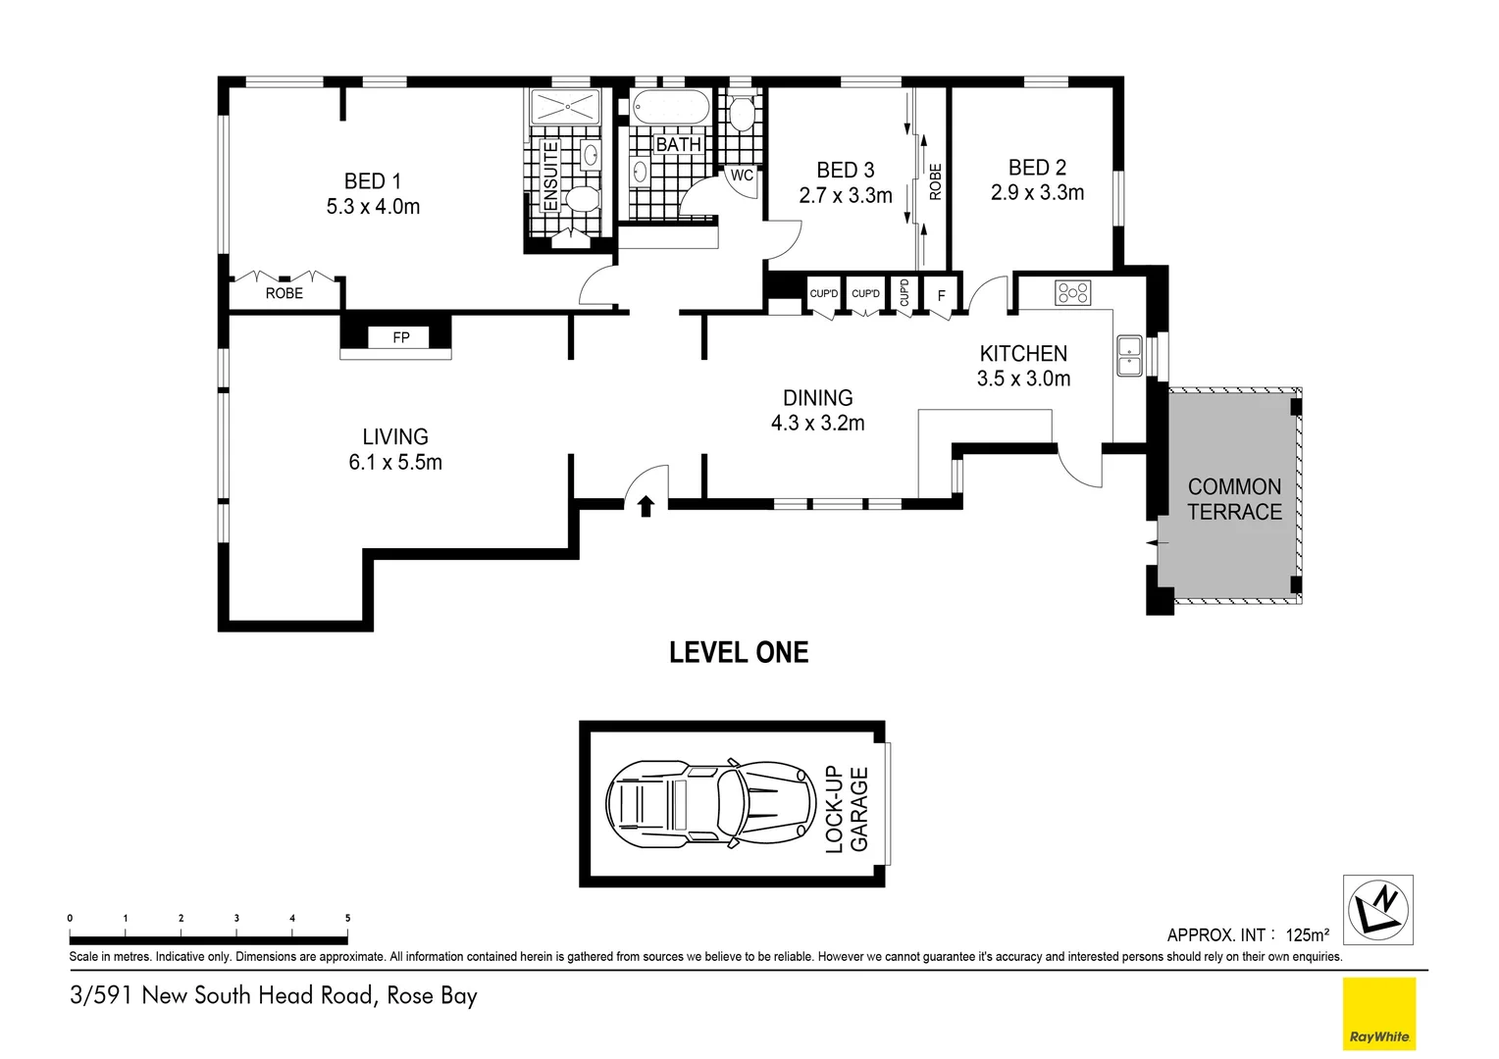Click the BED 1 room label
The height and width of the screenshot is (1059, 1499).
pyautogui.click(x=372, y=181)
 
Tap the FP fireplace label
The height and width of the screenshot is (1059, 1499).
pyautogui.click(x=400, y=337)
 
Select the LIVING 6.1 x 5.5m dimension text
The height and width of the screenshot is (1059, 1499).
pyautogui.click(x=395, y=463)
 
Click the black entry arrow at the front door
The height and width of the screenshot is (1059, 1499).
pyautogui.click(x=646, y=506)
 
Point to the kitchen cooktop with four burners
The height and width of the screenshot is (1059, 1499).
pyautogui.click(x=1072, y=292)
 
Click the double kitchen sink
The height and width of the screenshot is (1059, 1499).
pyautogui.click(x=1129, y=356)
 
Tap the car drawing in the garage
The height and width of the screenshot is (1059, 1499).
pyautogui.click(x=710, y=804)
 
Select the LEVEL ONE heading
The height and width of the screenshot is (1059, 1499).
pyautogui.click(x=738, y=653)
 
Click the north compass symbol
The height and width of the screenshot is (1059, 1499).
pyautogui.click(x=1377, y=909)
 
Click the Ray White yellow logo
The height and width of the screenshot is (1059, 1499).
pyautogui.click(x=1378, y=1014)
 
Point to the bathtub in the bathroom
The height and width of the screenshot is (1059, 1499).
pyautogui.click(x=670, y=108)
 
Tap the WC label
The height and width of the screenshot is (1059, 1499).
pyautogui.click(x=742, y=176)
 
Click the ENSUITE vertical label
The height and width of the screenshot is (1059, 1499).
pyautogui.click(x=550, y=176)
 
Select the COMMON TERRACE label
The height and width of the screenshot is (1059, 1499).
pyautogui.click(x=1234, y=499)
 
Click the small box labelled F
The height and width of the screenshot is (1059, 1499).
pyautogui.click(x=941, y=295)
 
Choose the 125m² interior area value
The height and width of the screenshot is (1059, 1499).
pyautogui.click(x=1307, y=934)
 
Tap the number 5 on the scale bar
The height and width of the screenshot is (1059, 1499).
pyautogui.click(x=347, y=918)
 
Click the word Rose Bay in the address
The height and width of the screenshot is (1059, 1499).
pyautogui.click(x=432, y=995)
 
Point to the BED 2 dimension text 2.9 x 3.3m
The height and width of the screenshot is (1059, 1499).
pyautogui.click(x=1037, y=193)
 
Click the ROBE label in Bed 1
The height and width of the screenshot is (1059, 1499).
pyautogui.click(x=284, y=293)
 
